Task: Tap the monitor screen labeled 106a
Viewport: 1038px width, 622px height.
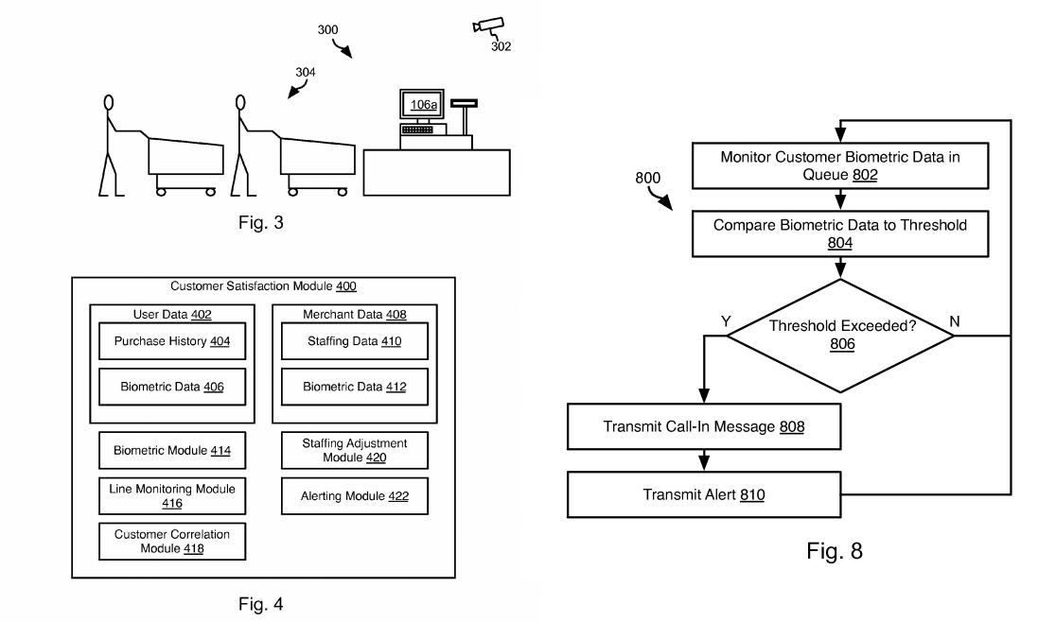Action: tap(422, 107)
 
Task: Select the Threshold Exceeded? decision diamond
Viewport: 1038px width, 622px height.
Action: tap(841, 335)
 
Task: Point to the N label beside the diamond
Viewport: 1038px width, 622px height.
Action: tap(954, 320)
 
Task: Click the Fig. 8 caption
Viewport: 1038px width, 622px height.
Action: tap(834, 552)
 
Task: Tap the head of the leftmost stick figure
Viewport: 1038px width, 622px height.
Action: tap(109, 102)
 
